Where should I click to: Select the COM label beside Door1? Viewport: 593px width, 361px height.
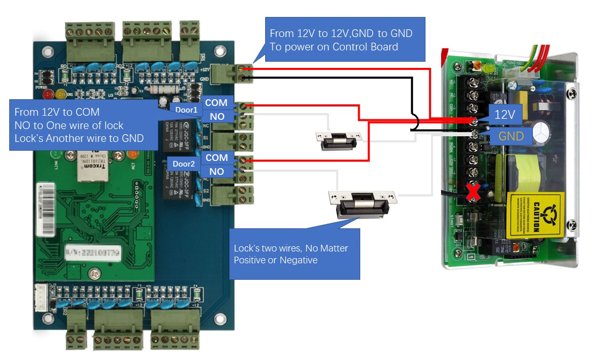click(216, 103)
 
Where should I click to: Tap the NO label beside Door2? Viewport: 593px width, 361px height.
click(216, 171)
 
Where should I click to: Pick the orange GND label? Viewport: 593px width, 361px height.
click(510, 136)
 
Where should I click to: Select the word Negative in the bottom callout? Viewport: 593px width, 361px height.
click(298, 260)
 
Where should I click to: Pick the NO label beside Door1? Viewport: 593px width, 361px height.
click(217, 117)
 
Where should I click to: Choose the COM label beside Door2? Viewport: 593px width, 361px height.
click(216, 157)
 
